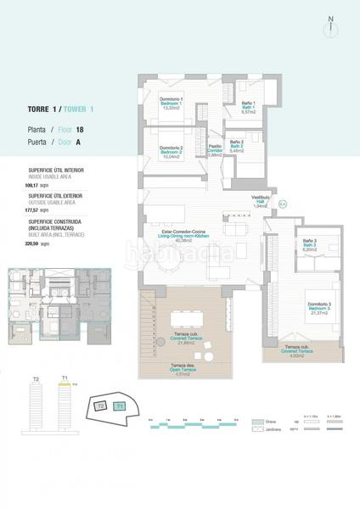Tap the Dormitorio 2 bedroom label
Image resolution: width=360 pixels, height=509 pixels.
click(172, 151)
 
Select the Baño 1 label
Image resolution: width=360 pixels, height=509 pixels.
click(249, 107)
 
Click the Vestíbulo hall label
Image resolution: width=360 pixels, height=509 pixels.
click(261, 203)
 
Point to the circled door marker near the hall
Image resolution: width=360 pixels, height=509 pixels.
click(282, 204)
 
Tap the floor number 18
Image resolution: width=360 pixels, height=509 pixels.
click(80, 130)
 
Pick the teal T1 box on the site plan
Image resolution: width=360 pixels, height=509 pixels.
click(120, 407)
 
